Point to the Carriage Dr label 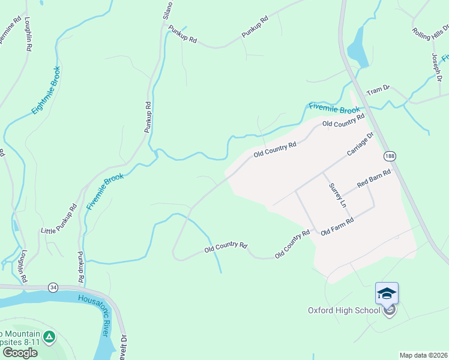click(x=360, y=145)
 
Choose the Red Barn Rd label click(x=374, y=179)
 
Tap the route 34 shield click(x=54, y=288)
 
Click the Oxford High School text click(x=344, y=310)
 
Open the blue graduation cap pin click(x=387, y=293)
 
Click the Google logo click(x=19, y=352)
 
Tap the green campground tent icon click(x=50, y=336)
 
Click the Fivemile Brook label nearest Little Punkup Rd click(x=104, y=191)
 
